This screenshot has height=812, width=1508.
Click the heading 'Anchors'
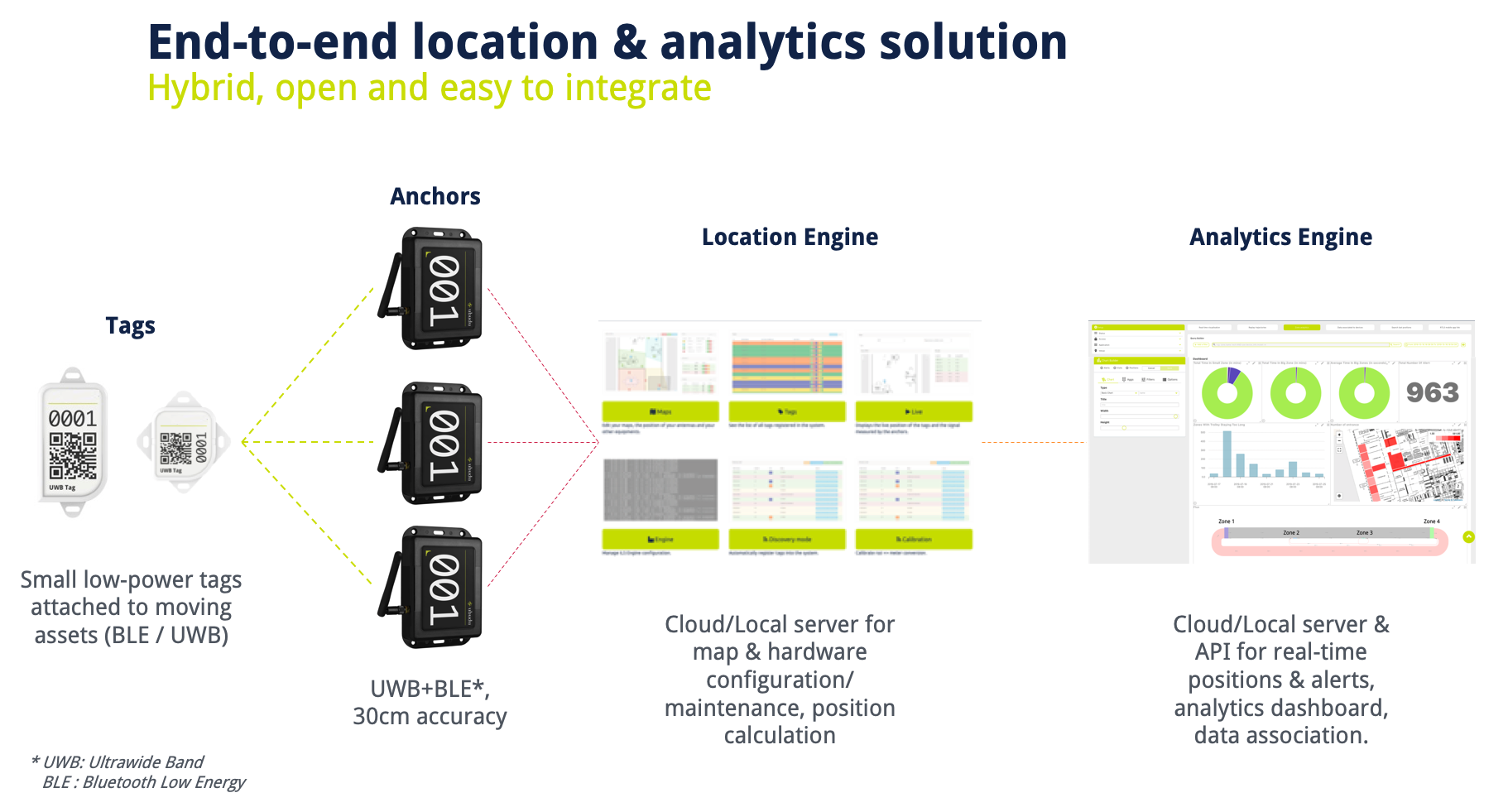coord(435,196)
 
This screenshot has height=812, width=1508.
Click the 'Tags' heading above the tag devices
coord(130,325)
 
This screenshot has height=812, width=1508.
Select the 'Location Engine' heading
coord(790,237)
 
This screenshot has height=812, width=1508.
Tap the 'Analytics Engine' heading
coord(1280,237)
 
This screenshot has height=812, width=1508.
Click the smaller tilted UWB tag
coord(183,442)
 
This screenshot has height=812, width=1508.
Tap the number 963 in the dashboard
coord(1432,392)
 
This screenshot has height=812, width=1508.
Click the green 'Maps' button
coord(660,411)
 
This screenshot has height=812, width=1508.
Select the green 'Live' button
coord(914,411)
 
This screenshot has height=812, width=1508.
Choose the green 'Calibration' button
coord(914,539)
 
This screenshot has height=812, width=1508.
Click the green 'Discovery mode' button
coord(787,539)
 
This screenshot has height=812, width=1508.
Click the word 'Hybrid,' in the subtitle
coord(205,88)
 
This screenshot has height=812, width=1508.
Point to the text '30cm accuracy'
coord(430,716)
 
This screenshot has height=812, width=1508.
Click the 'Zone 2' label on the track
coord(1290,533)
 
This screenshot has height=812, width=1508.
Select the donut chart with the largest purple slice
coord(1227,393)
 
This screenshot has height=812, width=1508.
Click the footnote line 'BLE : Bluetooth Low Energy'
coord(144,782)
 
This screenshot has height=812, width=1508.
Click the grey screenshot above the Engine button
coord(660,490)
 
